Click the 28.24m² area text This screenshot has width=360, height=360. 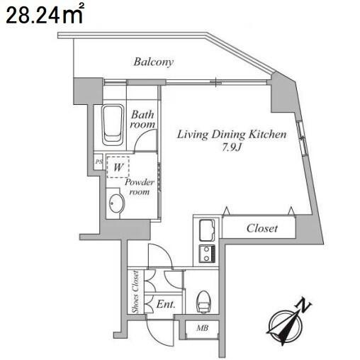tap(45, 14)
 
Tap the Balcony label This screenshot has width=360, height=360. tap(154, 62)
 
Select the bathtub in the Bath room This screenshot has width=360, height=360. tap(113, 125)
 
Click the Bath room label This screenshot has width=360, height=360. tap(142, 119)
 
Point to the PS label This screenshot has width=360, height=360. tap(99, 162)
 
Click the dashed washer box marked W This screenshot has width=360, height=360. tap(118, 167)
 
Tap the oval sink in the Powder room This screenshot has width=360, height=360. tap(117, 203)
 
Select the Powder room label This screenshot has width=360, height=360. tap(140, 187)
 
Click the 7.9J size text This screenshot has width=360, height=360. tap(232, 148)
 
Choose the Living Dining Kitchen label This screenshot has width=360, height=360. tap(232, 135)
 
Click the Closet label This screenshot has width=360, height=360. tap(262, 228)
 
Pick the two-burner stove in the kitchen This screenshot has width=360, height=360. tap(207, 254)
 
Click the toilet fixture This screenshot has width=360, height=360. tap(203, 302)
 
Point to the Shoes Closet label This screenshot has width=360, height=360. tap(135, 292)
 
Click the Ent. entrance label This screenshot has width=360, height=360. tap(166, 304)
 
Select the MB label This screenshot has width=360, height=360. tap(203, 328)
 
